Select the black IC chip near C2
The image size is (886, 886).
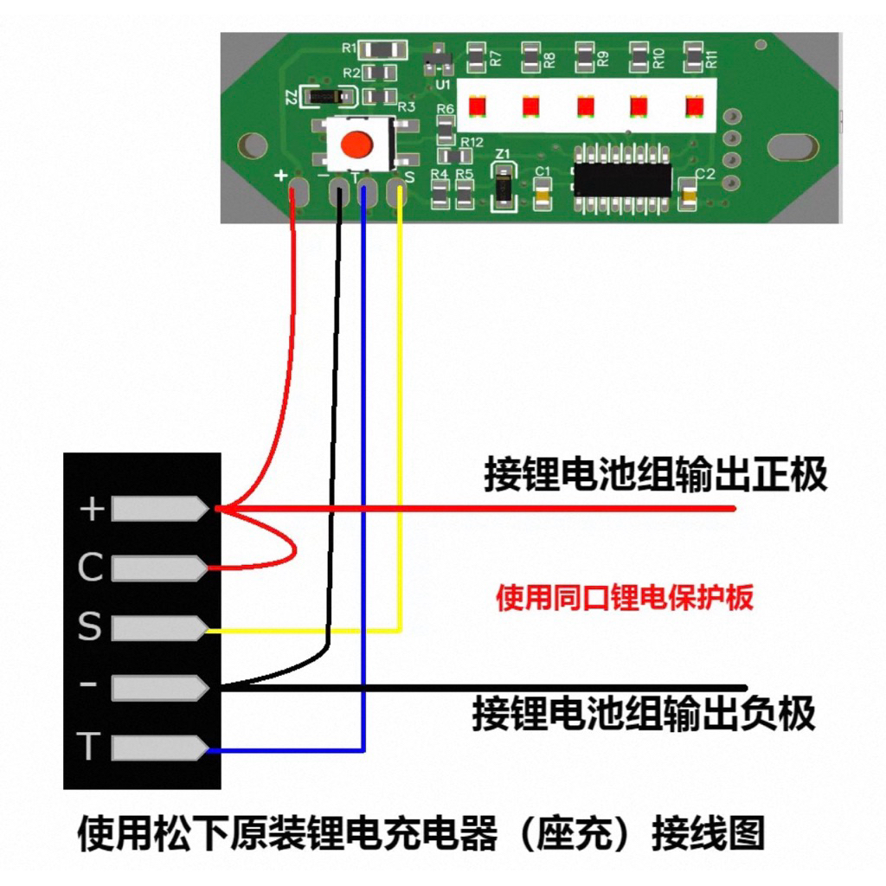click(x=623, y=178)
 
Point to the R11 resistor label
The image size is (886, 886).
click(x=712, y=60)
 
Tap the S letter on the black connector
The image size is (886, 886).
click(x=89, y=627)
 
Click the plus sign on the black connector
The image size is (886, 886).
click(x=91, y=510)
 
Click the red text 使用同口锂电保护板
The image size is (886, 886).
click(x=624, y=598)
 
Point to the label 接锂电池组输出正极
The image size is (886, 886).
click(x=655, y=475)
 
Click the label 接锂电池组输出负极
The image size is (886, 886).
click(x=644, y=714)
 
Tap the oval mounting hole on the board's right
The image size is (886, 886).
click(x=793, y=147)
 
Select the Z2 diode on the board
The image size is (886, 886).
click(x=325, y=96)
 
